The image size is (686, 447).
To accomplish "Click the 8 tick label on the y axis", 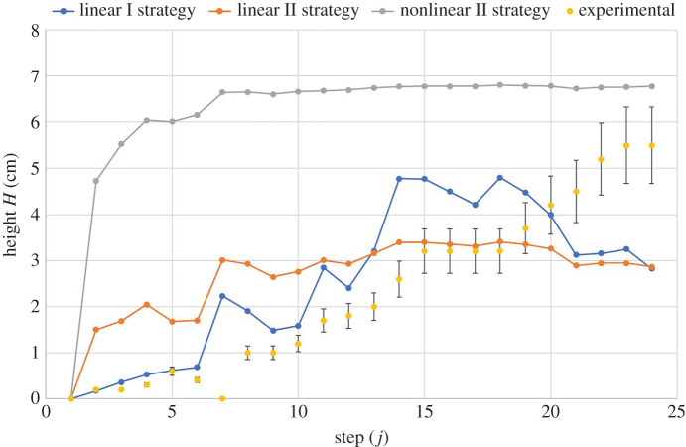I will coord(34,31).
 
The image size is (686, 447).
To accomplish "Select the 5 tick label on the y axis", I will coord(34,169).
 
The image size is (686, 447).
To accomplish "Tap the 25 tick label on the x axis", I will coord(677,411).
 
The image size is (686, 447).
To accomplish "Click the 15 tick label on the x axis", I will coord(424,411).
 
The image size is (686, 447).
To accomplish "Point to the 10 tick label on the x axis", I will coord(298,411).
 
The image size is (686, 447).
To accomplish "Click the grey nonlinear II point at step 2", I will coord(96,181).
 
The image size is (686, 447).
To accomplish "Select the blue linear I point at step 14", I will coord(399,179).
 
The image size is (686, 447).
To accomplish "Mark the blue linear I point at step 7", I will coord(222,296).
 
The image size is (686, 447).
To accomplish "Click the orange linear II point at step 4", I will coord(147,305).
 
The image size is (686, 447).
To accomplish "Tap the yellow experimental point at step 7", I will coord(222,398).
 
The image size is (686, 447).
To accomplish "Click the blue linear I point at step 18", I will coord(500,178).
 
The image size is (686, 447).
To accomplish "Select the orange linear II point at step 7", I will coord(222,260).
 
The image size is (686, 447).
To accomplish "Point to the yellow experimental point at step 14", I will coord(399,279).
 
